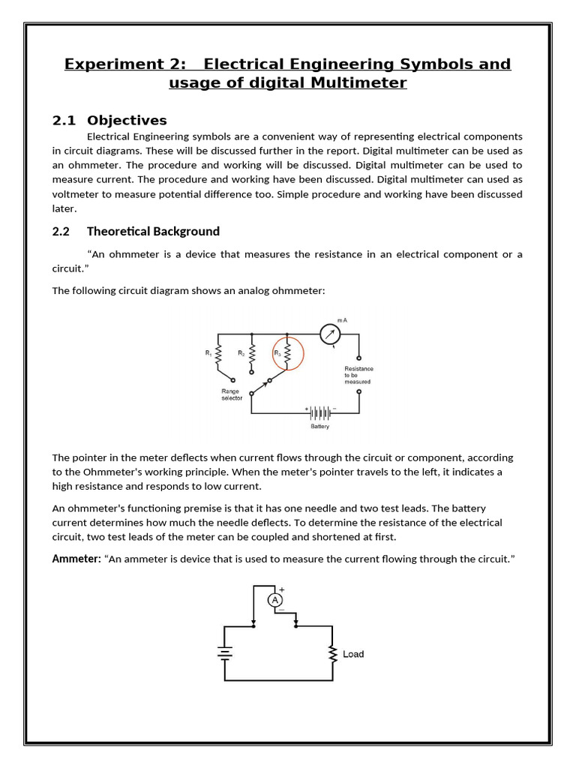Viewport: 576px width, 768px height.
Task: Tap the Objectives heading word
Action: click(x=127, y=121)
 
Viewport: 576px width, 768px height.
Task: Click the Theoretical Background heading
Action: click(x=153, y=231)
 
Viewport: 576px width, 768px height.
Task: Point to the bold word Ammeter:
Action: click(x=76, y=559)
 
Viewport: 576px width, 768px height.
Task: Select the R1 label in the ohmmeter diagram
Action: click(x=208, y=352)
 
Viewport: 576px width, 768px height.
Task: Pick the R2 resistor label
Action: click(x=241, y=352)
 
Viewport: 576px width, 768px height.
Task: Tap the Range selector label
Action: click(x=232, y=394)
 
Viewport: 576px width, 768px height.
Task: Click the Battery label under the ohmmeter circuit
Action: click(x=320, y=427)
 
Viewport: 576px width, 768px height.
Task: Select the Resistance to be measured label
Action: click(x=358, y=375)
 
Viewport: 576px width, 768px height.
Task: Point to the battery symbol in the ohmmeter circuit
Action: click(x=320, y=412)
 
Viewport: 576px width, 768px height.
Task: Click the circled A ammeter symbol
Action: click(x=275, y=600)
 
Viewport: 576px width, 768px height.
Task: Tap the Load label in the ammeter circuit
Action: click(x=353, y=654)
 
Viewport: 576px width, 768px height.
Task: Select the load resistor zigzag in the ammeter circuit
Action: click(x=331, y=654)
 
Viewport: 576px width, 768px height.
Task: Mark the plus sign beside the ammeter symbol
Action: click(x=281, y=589)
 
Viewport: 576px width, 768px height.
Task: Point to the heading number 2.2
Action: click(x=61, y=231)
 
